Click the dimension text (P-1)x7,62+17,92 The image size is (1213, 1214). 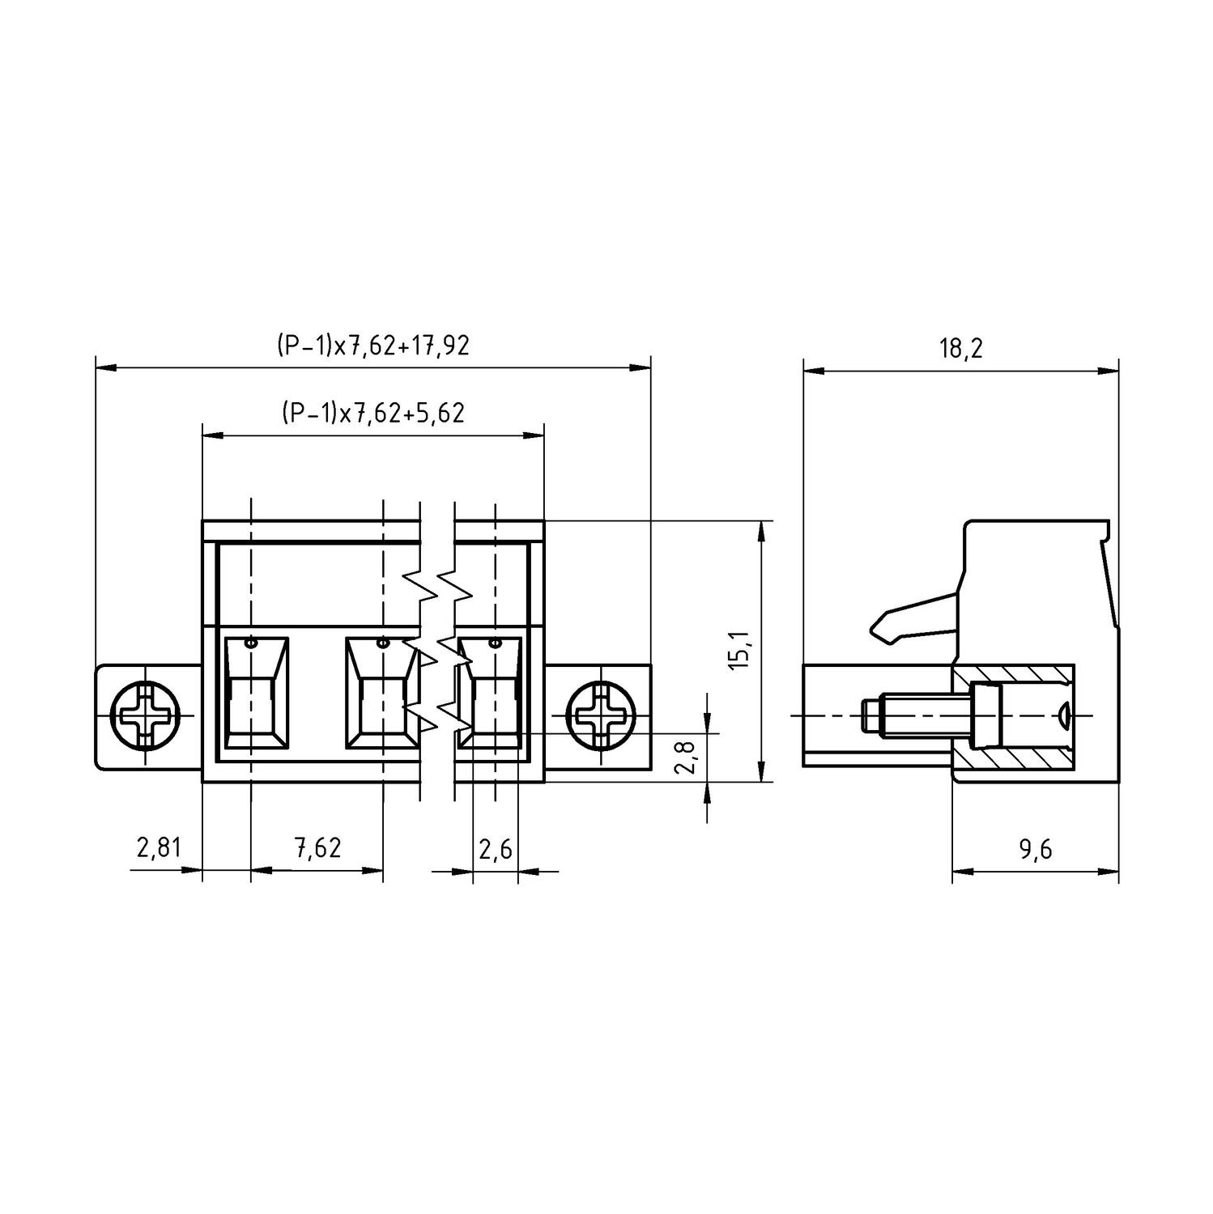(372, 346)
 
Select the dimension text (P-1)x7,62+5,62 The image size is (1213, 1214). (372, 414)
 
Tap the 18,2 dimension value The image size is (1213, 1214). (960, 349)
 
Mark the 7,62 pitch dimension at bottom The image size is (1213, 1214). (317, 848)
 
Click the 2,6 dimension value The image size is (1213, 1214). (495, 849)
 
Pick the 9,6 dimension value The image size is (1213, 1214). (1036, 849)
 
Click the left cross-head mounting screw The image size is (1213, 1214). (146, 716)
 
